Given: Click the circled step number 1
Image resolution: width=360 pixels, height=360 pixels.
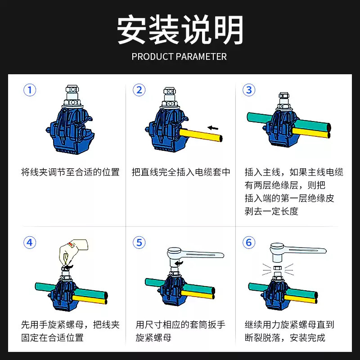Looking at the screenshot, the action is [30, 90].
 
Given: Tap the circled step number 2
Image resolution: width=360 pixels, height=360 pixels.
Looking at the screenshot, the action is [139, 90].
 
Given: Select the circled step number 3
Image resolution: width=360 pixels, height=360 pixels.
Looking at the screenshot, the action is [249, 90].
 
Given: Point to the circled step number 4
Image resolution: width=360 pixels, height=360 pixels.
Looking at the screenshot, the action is [30, 243].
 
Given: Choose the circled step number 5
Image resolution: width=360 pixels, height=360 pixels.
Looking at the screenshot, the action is [139, 243].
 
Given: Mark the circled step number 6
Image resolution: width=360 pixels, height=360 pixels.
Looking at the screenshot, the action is [249, 243].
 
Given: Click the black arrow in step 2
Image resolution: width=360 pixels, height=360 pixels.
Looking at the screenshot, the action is [213, 128].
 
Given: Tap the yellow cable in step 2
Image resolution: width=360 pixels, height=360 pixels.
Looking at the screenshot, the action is [201, 135].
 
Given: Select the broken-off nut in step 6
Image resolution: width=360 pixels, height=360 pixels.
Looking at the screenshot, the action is [277, 268].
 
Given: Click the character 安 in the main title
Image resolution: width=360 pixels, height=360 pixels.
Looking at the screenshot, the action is [131, 29].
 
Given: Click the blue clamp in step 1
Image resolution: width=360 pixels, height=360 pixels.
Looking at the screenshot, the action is [70, 129].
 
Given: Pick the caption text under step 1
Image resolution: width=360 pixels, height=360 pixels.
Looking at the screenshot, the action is [70, 172].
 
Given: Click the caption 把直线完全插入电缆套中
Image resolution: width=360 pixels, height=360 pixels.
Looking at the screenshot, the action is [181, 172].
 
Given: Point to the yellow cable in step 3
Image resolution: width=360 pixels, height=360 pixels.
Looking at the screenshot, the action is [311, 133].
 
